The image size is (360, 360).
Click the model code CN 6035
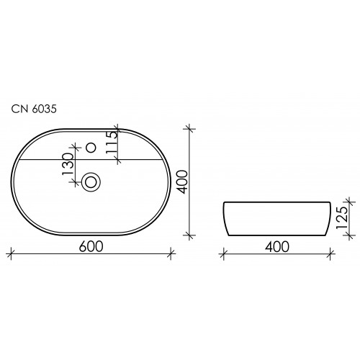pyautogui.click(x=34, y=109)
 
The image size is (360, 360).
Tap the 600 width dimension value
pyautogui.click(x=91, y=246)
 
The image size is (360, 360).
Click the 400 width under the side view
pyautogui.click(x=276, y=246)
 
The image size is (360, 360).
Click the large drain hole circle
pyautogui.click(x=91, y=182)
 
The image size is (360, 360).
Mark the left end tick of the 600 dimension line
pyautogui.click(x=12, y=253)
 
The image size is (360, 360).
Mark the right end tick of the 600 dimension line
pyautogui.click(x=171, y=253)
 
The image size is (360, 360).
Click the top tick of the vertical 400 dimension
pyautogui.click(x=190, y=129)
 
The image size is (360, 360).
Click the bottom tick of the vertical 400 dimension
pyautogui.click(x=190, y=235)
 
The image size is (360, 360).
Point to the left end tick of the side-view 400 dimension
pyautogui.click(x=223, y=253)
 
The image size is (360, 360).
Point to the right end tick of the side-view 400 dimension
pyautogui.click(x=330, y=253)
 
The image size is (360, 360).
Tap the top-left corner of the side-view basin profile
pyautogui.click(x=224, y=203)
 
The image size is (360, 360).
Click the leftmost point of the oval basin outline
pyautogui.click(x=12, y=182)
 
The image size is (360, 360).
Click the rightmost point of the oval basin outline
pyautogui.click(x=171, y=182)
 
